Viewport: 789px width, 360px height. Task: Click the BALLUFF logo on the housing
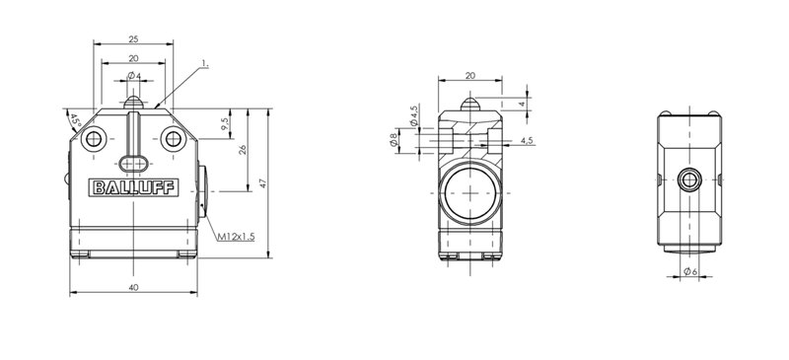(x=133, y=187)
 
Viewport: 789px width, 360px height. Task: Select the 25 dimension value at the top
(x=133, y=38)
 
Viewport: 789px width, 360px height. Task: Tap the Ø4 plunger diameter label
(x=134, y=76)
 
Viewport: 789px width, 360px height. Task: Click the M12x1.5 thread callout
(x=236, y=237)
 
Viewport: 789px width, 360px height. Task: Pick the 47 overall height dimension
(x=262, y=183)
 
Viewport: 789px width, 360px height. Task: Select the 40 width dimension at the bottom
(x=133, y=287)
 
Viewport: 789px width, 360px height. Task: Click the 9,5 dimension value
(x=226, y=124)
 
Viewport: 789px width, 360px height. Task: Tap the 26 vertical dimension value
(x=242, y=150)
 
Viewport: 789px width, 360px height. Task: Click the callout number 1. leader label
(x=205, y=64)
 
